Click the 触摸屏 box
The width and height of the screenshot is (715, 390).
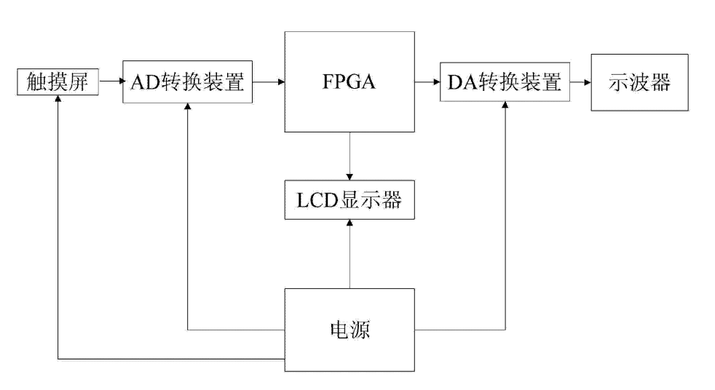[x=57, y=82]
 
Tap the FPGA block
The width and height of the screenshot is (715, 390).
[x=351, y=82]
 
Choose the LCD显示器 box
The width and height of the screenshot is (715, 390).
[x=351, y=201]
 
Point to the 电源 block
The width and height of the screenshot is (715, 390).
[x=351, y=332]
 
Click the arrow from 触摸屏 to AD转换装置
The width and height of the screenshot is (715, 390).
[x=110, y=82]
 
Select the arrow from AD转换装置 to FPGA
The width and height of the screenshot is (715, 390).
[x=269, y=82]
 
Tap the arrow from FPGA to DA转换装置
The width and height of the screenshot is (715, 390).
[x=427, y=82]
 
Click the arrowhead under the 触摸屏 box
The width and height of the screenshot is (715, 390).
[x=57, y=100]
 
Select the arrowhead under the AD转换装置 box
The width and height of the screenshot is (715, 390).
[x=188, y=106]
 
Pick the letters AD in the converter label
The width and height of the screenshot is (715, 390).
[x=142, y=82]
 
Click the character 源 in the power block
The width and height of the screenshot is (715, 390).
[x=361, y=332]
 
